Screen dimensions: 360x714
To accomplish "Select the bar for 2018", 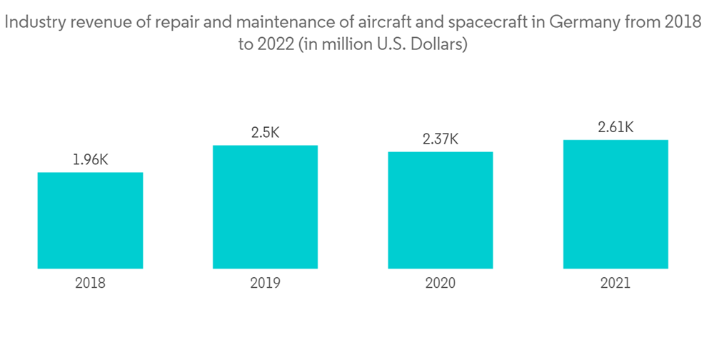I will point(90,220).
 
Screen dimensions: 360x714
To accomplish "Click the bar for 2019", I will point(265,206).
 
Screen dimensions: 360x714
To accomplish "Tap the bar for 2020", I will point(441,210).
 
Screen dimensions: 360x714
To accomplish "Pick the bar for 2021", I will point(615,204).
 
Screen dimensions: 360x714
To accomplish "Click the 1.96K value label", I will point(90,160).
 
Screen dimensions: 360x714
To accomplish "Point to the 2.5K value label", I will point(265,133).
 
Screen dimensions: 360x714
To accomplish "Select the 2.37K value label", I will point(441,139).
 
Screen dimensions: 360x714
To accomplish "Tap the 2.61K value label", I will point(615,127).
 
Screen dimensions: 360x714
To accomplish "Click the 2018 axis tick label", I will point(90,283).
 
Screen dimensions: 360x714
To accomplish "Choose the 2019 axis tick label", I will point(265,283).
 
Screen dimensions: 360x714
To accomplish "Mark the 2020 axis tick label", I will point(441,283).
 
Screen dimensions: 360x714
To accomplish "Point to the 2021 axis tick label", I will point(615,283).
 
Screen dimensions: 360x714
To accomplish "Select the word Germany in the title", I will point(583,22).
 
